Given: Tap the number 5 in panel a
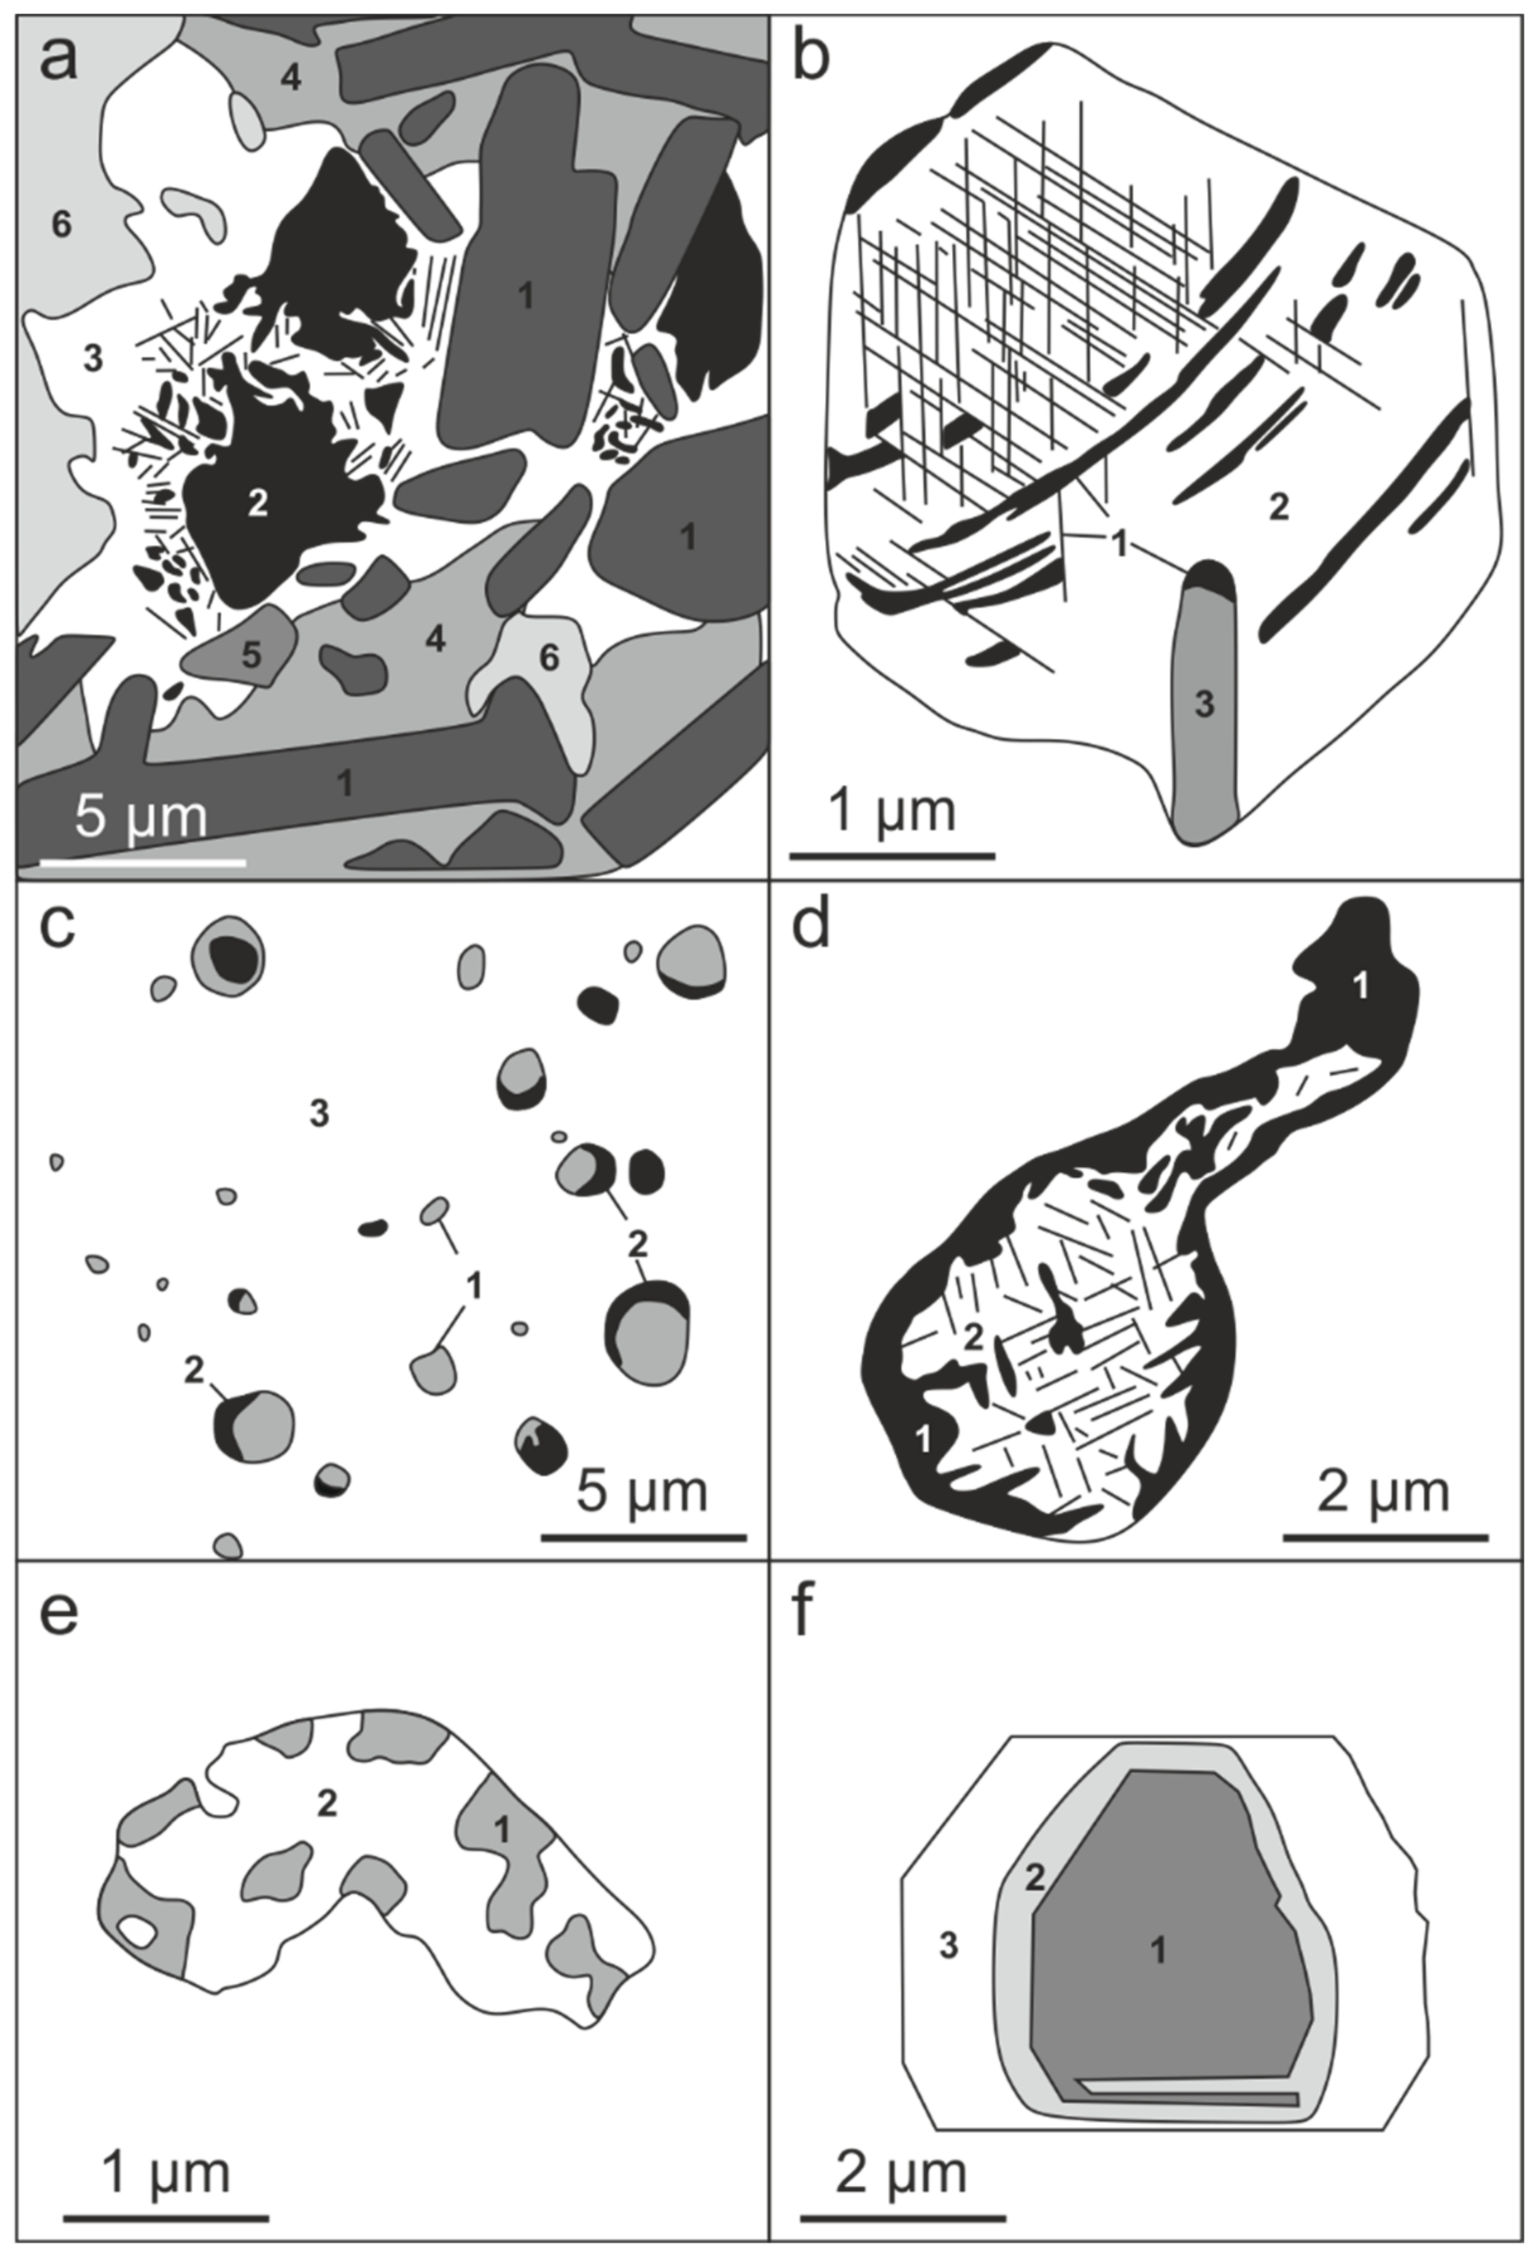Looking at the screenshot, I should (x=251, y=655).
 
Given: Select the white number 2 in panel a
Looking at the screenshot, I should (x=257, y=503).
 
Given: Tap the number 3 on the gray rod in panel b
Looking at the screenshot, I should (x=1204, y=704).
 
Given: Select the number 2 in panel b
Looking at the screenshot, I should (x=1279, y=506).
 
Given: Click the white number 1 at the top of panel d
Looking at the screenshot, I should (x=1361, y=986).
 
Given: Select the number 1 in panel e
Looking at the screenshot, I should (x=501, y=1830).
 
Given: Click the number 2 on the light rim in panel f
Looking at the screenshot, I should (x=1034, y=1877).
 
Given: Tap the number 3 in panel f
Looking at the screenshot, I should (x=948, y=1945).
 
